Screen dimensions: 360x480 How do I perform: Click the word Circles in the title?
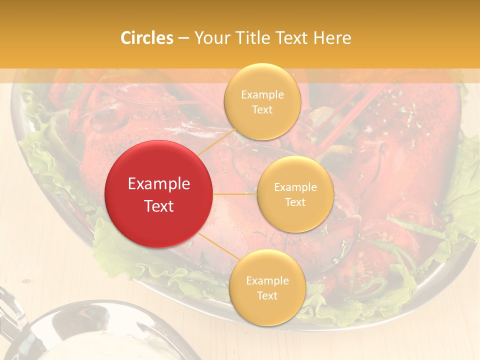(147, 38)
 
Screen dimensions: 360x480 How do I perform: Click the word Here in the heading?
(332, 38)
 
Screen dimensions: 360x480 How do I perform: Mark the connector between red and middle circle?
(234, 193)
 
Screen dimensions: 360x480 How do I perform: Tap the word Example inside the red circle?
(159, 184)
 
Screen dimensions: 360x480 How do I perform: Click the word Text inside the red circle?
(159, 206)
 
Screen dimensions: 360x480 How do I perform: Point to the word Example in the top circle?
(262, 94)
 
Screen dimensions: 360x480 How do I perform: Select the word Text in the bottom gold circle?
(267, 295)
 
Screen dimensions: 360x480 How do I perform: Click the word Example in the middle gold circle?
(295, 187)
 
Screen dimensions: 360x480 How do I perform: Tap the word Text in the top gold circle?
(262, 109)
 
